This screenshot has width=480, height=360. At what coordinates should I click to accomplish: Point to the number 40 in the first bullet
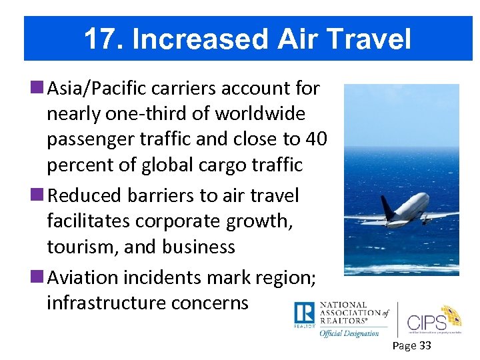click(x=315, y=139)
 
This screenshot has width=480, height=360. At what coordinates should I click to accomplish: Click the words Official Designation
click(x=349, y=333)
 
